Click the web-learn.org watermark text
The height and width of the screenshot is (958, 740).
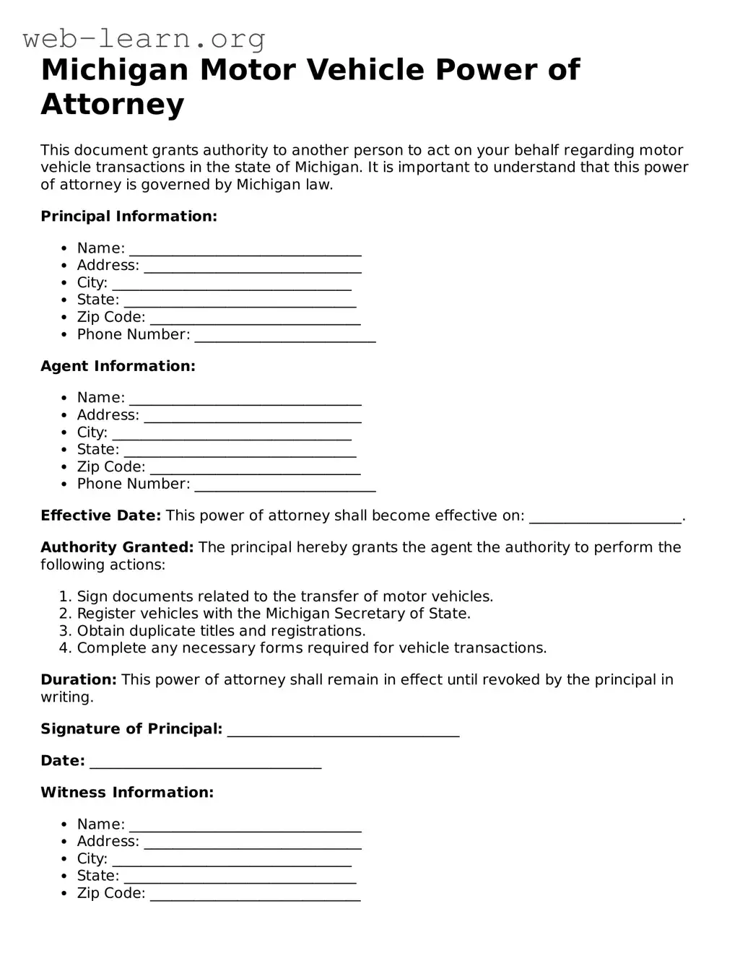click(144, 38)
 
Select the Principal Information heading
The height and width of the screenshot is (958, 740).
click(129, 217)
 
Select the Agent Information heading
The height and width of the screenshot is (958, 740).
click(118, 366)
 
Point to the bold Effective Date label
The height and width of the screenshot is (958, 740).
click(100, 515)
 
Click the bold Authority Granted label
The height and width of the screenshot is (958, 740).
click(117, 547)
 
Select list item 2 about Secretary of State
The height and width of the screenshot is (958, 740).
click(273, 614)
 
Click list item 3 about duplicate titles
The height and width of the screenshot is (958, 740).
click(221, 631)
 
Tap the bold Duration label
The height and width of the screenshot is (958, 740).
click(78, 680)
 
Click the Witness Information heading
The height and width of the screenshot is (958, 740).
click(127, 793)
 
